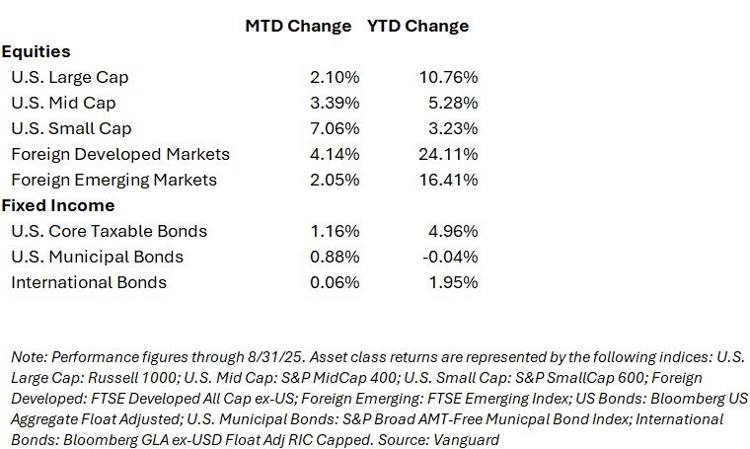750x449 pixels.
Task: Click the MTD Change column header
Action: [298, 26]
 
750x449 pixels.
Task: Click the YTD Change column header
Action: [418, 26]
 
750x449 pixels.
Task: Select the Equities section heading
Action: [37, 51]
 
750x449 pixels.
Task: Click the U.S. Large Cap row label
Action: [69, 77]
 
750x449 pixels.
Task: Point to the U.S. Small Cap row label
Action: [71, 128]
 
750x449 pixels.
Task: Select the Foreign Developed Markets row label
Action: [120, 154]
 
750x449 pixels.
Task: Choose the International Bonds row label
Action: [89, 282]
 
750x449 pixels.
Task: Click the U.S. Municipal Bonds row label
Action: [97, 257]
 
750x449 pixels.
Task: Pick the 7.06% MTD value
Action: [331, 128]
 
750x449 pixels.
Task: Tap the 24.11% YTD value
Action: [449, 154]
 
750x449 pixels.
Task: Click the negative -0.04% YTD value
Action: [451, 257]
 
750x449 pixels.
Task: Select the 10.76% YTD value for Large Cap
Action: [449, 77]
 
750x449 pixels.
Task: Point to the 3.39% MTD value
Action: [331, 103]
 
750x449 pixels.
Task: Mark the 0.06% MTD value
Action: [331, 282]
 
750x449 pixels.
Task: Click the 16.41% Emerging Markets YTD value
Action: [449, 180]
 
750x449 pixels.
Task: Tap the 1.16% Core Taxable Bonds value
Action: [331, 231]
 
